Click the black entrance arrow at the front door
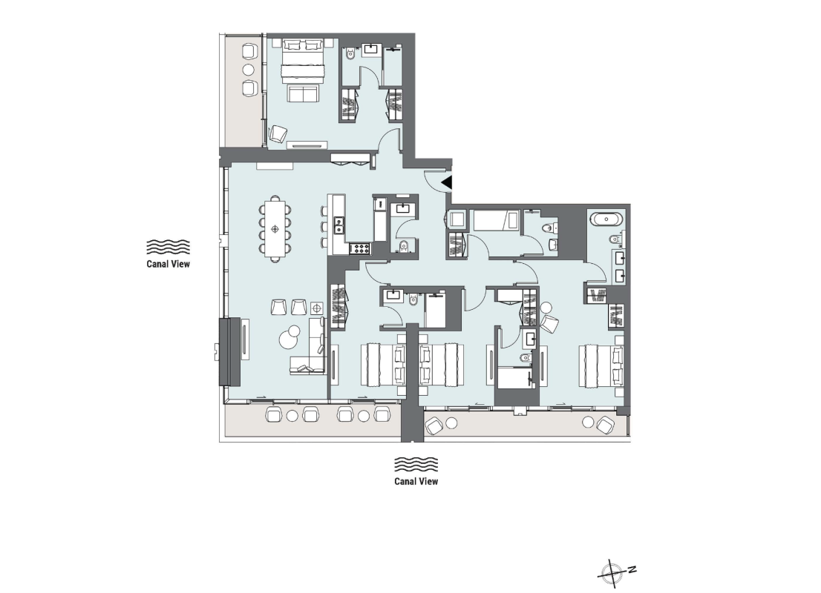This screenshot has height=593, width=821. click(x=446, y=182)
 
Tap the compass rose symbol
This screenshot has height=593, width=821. click(x=613, y=572)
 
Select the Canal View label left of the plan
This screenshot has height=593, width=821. click(x=169, y=262)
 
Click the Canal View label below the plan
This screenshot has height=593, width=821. click(x=416, y=481)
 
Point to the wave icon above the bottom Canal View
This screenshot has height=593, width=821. click(x=416, y=465)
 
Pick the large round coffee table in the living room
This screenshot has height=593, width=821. click(x=289, y=339)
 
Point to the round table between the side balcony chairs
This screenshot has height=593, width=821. click(x=249, y=70)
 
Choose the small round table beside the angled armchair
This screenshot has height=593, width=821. click(x=546, y=307)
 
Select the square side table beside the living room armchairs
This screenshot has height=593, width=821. click(x=317, y=308)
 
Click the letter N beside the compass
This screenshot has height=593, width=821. click(x=631, y=569)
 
